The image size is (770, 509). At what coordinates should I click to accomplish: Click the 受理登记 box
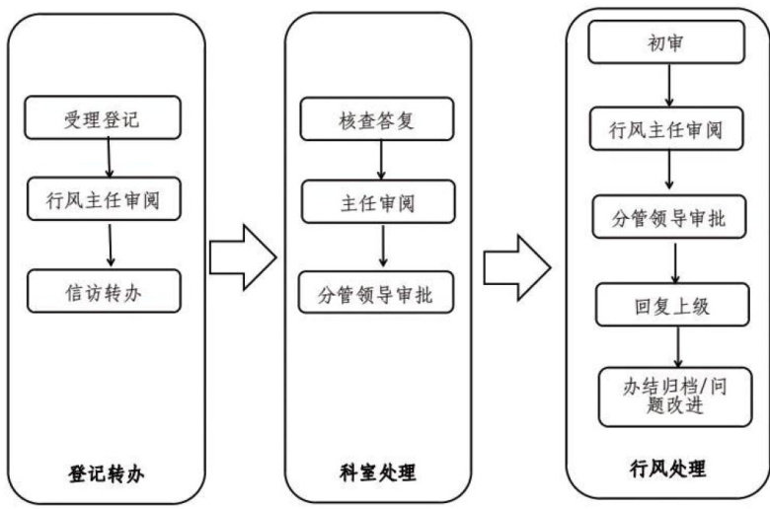(103, 117)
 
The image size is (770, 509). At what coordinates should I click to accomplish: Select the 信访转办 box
(104, 291)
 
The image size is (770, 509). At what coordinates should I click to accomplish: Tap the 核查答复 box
(377, 118)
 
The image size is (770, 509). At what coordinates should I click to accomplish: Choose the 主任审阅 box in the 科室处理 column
(378, 202)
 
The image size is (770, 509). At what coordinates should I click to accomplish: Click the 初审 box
(666, 42)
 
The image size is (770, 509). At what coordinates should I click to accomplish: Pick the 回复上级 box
(672, 305)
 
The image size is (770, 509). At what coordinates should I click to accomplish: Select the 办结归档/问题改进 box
(675, 398)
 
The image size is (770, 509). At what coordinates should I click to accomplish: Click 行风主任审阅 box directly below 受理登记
(104, 199)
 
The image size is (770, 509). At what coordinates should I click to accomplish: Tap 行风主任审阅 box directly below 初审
(666, 128)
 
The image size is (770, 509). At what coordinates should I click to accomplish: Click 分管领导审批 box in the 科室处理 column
(376, 293)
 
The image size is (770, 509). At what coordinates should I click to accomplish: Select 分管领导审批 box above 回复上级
(669, 217)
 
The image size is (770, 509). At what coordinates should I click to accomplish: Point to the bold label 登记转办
(106, 474)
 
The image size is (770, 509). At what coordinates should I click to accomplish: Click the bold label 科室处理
(378, 473)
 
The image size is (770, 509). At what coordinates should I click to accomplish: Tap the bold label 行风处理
(668, 469)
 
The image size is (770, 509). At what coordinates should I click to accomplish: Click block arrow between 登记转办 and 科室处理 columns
(243, 257)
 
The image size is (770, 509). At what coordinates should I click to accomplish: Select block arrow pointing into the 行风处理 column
(516, 267)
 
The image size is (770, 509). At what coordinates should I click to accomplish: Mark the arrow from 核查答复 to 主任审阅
(381, 160)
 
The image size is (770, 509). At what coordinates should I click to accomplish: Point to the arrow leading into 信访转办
(110, 246)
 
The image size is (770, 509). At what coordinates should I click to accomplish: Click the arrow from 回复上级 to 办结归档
(678, 346)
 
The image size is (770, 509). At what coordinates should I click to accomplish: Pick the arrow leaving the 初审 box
(669, 86)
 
